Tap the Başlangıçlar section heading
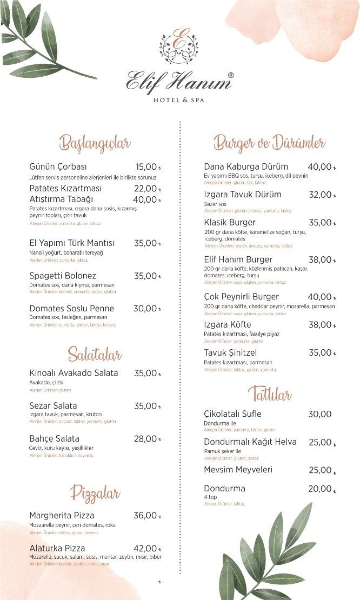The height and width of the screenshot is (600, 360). (x=95, y=144)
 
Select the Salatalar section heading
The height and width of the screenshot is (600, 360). (x=95, y=355)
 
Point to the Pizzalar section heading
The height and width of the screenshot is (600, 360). (x=95, y=493)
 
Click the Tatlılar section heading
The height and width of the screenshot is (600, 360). (x=270, y=394)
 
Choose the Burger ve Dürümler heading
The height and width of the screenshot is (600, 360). (x=269, y=143)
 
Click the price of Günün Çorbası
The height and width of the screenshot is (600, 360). (x=146, y=167)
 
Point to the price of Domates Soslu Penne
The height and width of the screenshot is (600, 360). (x=145, y=309)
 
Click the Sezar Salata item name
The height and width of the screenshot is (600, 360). (x=53, y=406)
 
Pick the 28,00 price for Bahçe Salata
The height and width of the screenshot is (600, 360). (x=145, y=439)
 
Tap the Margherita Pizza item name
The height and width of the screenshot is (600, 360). (x=62, y=516)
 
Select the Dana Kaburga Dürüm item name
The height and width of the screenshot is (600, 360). (x=246, y=166)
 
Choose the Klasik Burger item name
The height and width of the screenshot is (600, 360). (x=230, y=222)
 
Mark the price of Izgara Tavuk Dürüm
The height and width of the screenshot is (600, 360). (x=320, y=195)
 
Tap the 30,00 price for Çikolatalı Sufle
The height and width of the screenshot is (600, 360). (x=319, y=414)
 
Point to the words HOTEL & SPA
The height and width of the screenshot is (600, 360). (x=179, y=101)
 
